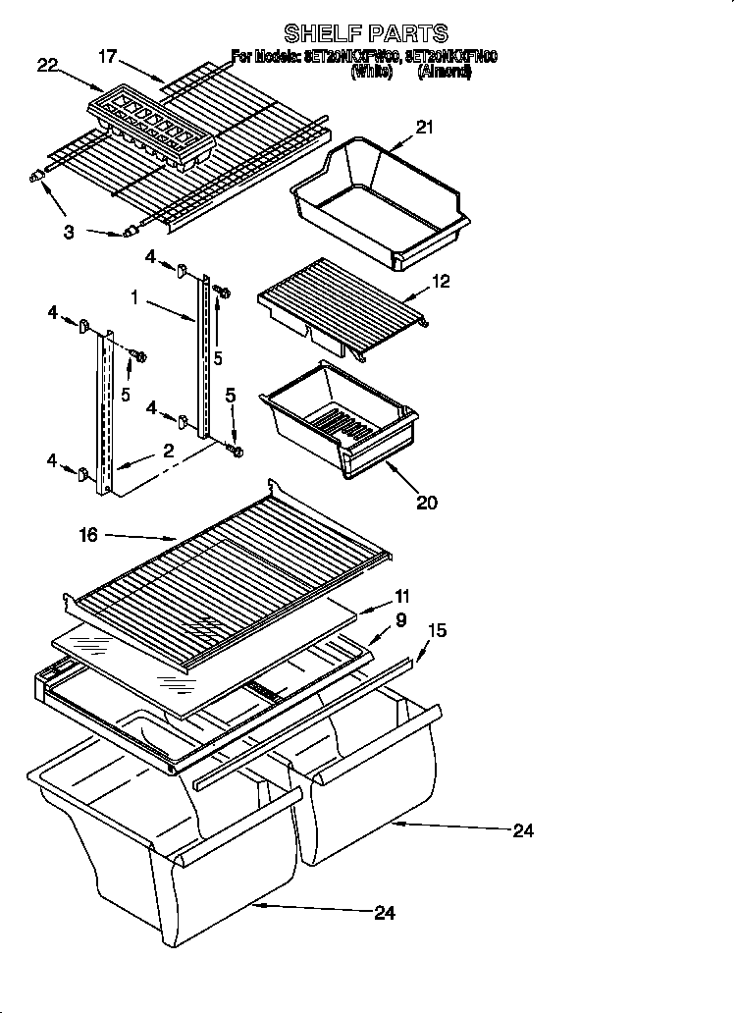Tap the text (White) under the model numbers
coord(374,72)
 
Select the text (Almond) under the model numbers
coord(444,72)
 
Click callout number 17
coord(108,58)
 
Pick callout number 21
coord(424,127)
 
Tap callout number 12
coord(441,283)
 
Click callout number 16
coord(88,535)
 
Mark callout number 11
coord(402,596)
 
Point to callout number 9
coord(401,619)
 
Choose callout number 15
coord(437,631)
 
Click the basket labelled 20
coord(339,417)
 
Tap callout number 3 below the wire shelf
coord(69,232)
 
